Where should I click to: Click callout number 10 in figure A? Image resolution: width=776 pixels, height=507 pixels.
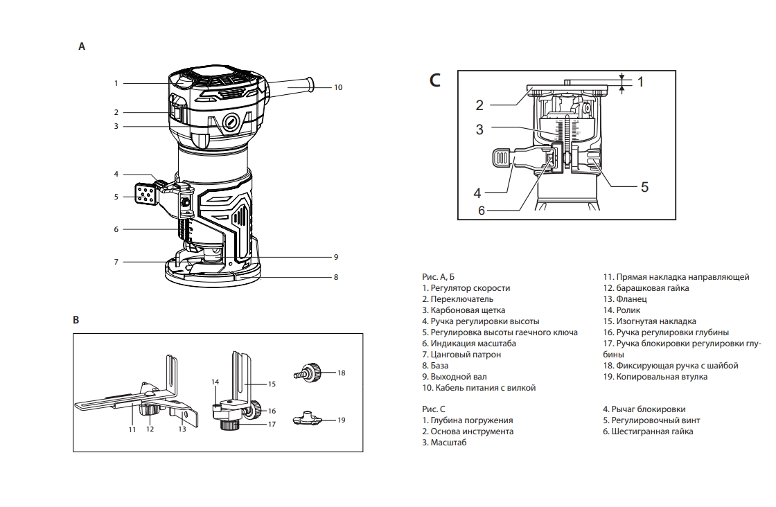pyautogui.click(x=338, y=87)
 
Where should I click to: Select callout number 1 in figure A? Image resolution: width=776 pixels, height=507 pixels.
pyautogui.click(x=116, y=83)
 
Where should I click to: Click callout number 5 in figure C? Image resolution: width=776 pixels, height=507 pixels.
pyautogui.click(x=644, y=186)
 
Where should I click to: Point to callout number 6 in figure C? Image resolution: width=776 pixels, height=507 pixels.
pyautogui.click(x=482, y=211)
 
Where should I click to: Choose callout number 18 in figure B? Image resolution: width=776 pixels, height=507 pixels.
pyautogui.click(x=341, y=373)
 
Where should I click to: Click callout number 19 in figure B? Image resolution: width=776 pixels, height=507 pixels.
pyautogui.click(x=341, y=420)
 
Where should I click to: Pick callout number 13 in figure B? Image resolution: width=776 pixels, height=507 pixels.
pyautogui.click(x=182, y=429)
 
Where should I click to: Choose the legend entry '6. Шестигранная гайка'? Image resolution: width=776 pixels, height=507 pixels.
pyautogui.click(x=647, y=432)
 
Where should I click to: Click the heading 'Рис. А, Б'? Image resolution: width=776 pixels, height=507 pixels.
pyautogui.click(x=438, y=277)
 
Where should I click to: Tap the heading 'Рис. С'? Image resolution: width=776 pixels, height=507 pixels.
pyautogui.click(x=433, y=409)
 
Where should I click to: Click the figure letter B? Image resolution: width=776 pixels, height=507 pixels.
pyautogui.click(x=76, y=320)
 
